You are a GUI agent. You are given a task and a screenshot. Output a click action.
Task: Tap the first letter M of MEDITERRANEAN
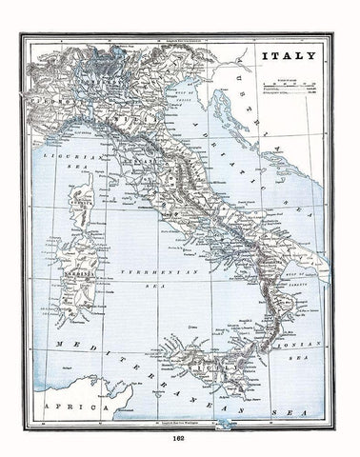pyautogui.click(x=58, y=339)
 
